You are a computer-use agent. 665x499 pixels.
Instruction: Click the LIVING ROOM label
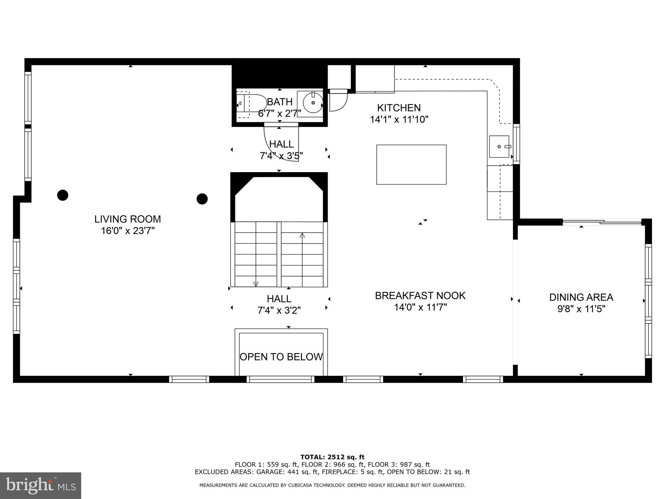(x=128, y=219)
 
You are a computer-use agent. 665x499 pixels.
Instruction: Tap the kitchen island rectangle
(x=411, y=164)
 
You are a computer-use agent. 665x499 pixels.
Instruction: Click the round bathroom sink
(x=313, y=103)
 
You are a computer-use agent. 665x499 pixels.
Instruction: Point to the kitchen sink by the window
(x=499, y=147)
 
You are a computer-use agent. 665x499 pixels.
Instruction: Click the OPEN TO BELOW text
(x=281, y=357)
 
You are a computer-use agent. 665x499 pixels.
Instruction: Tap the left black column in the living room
(x=63, y=195)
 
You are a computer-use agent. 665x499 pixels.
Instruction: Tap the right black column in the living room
(x=202, y=199)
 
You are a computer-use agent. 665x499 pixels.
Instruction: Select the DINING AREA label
(x=581, y=297)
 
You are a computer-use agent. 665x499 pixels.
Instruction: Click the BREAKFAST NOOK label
(x=420, y=295)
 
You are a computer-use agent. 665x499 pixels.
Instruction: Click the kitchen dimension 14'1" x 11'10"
(x=399, y=120)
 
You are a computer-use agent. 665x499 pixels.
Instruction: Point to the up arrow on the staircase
(x=302, y=235)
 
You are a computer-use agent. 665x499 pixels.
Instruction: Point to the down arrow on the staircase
(x=256, y=284)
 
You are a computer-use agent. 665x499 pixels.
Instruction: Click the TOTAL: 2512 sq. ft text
(x=332, y=457)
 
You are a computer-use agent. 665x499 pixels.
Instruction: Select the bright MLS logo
(x=41, y=485)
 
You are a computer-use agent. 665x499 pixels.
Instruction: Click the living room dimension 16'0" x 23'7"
(x=128, y=231)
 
